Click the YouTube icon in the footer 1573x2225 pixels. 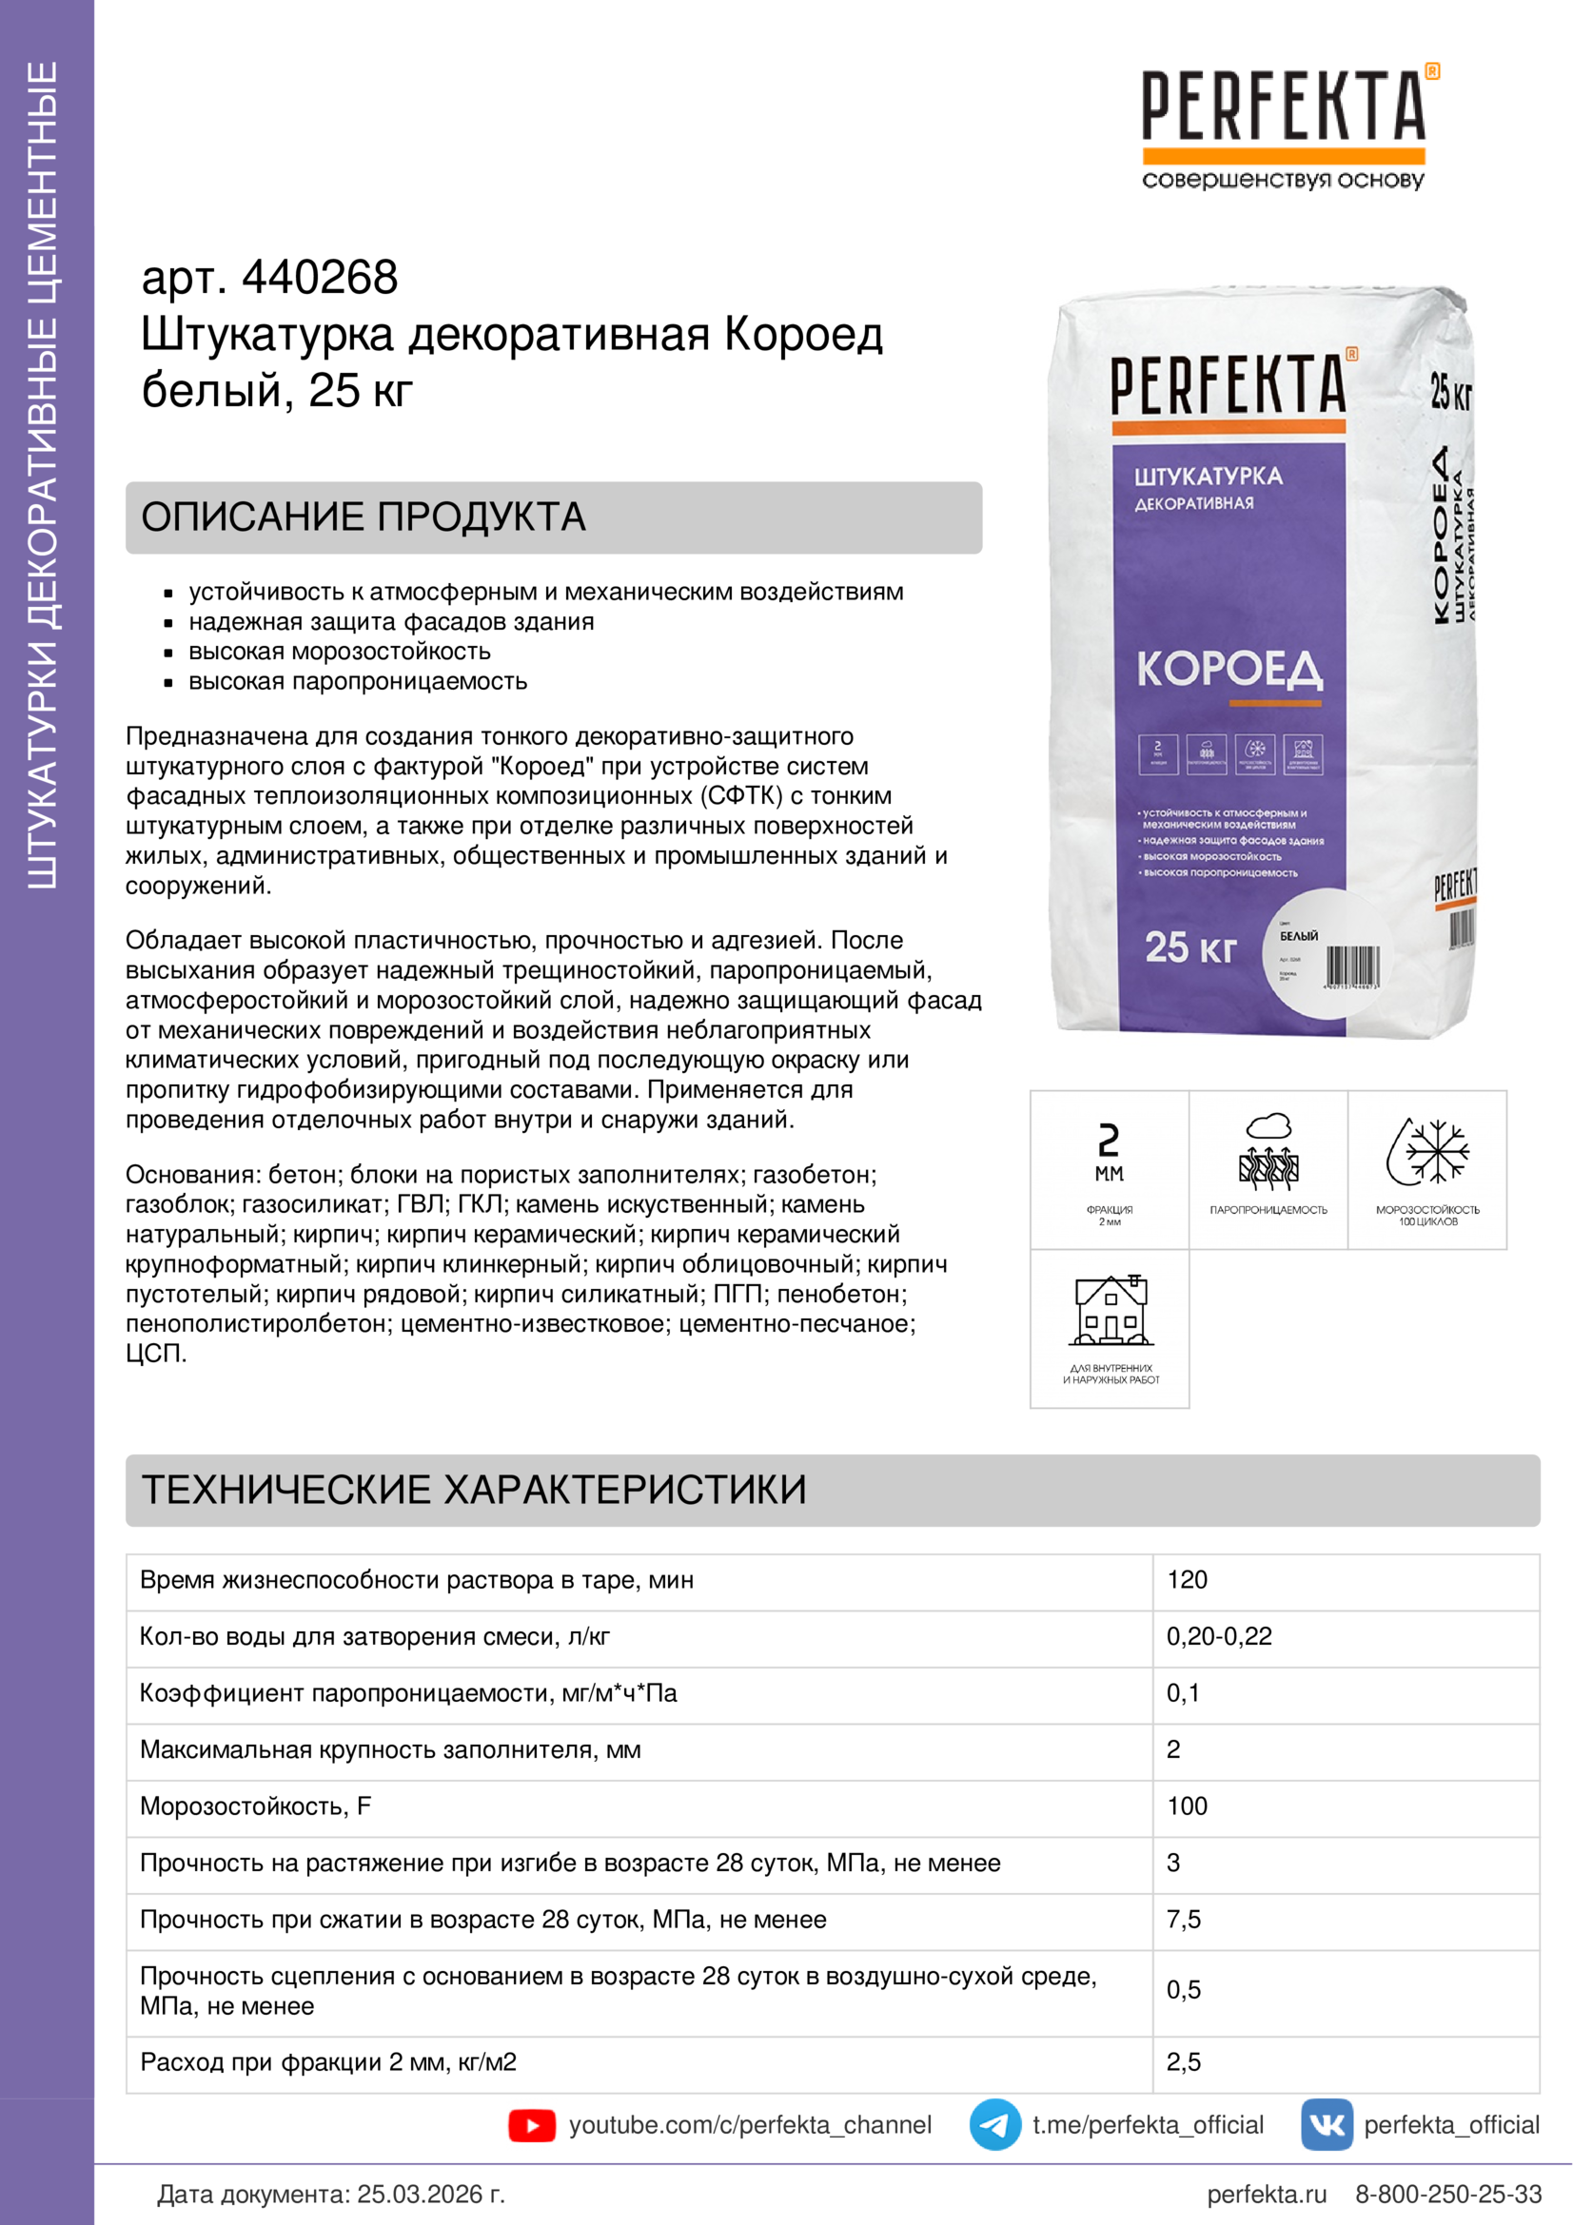coord(531,2125)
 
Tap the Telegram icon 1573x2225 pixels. coord(994,2125)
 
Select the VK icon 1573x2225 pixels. coord(1326,2125)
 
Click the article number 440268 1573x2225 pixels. coord(319,277)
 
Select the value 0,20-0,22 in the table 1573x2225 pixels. coord(1218,1637)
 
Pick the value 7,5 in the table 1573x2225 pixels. coord(1184,1920)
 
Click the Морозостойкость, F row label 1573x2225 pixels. coord(256,1806)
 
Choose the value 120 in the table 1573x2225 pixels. coord(1188,1580)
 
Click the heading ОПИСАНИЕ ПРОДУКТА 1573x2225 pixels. coord(364,517)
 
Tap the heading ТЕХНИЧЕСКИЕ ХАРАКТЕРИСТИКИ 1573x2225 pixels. coord(474,1491)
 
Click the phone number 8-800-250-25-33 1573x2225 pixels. coord(1448,2194)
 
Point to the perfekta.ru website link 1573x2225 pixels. coord(1267,2194)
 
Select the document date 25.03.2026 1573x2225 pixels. coord(430,2194)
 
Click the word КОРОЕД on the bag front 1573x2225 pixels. coord(1229,670)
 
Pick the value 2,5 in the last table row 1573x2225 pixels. coord(1184,2062)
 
